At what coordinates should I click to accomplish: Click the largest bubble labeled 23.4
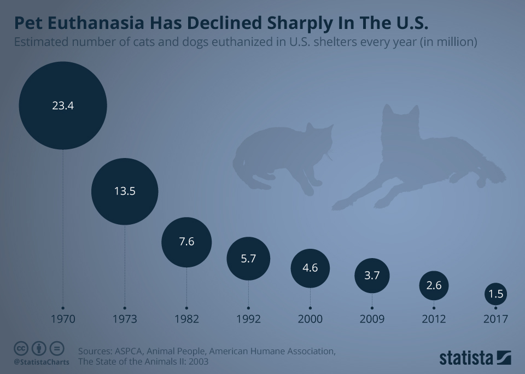[x=63, y=106]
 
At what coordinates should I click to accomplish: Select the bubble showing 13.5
[x=125, y=191]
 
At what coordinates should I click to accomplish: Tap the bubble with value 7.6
[x=186, y=242]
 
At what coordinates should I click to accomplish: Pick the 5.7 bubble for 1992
[x=248, y=259]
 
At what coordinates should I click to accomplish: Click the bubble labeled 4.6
[x=310, y=268]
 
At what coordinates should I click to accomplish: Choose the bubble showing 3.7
[x=372, y=276]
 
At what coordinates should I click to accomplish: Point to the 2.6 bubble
[x=434, y=285]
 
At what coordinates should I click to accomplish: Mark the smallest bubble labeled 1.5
[x=495, y=295]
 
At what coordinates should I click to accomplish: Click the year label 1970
[x=63, y=319]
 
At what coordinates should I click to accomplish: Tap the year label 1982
[x=186, y=319]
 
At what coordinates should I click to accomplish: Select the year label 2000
[x=310, y=319]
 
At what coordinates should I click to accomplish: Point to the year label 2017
[x=495, y=319]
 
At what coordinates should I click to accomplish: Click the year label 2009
[x=372, y=319]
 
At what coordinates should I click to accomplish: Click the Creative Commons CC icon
[x=21, y=348]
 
